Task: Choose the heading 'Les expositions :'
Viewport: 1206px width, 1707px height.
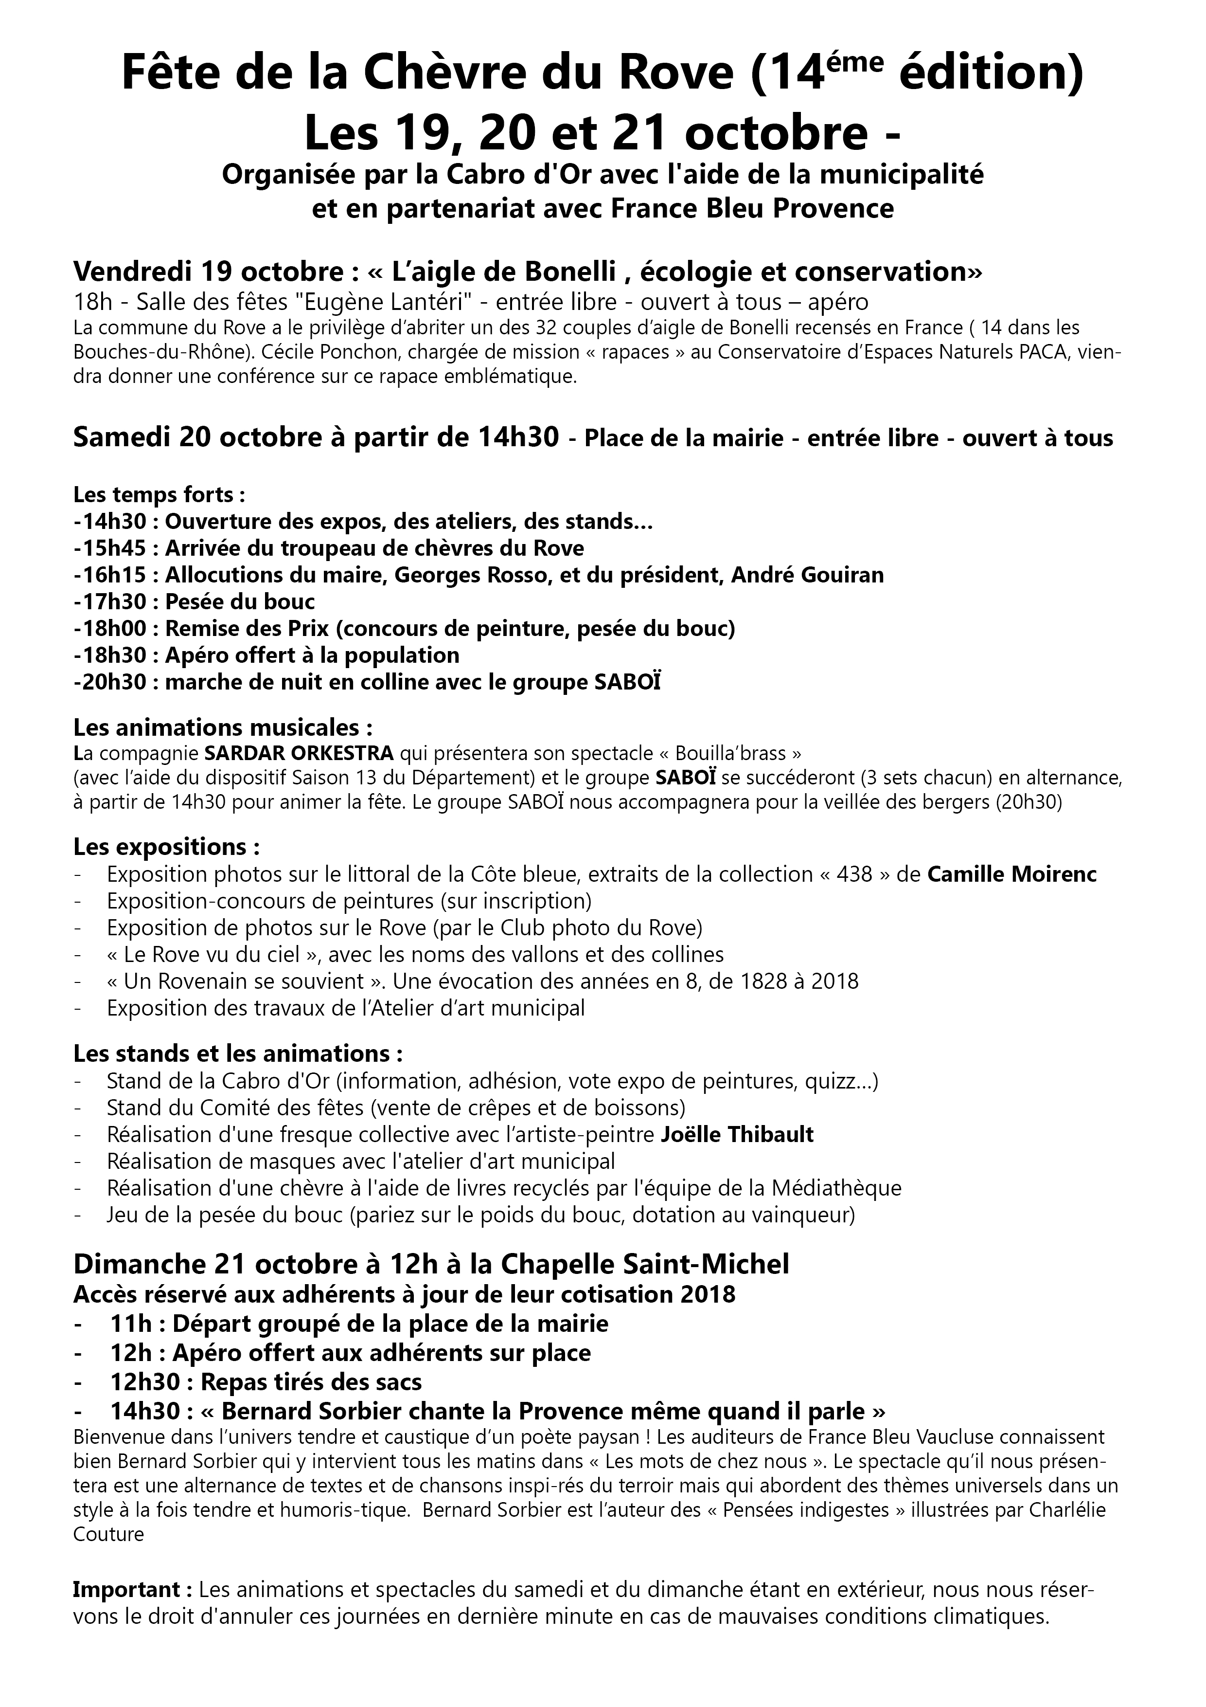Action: [x=167, y=847]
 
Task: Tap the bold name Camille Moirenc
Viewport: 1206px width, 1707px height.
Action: [x=1012, y=874]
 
